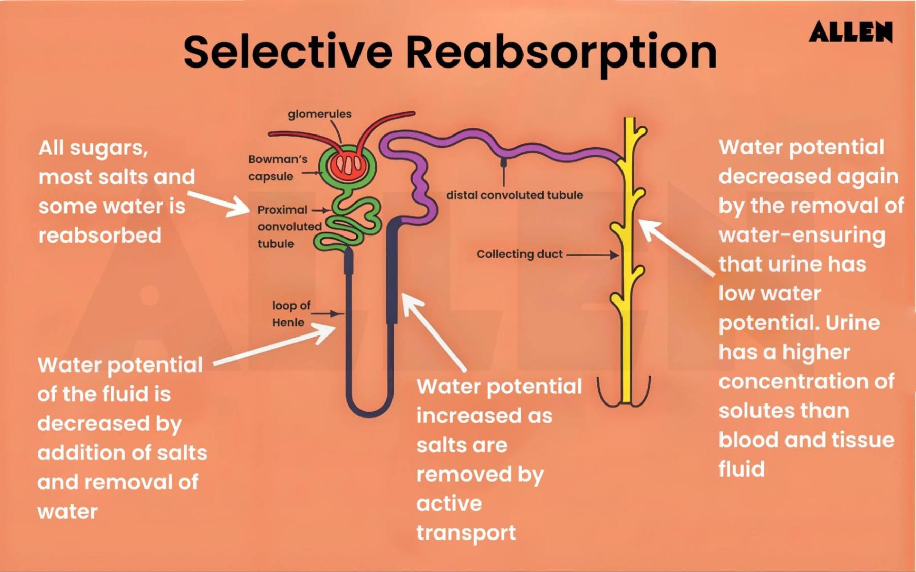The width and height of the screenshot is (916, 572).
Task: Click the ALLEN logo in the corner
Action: (850, 32)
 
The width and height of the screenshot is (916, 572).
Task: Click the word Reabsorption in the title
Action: (562, 52)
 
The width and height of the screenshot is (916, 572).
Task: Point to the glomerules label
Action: (319, 114)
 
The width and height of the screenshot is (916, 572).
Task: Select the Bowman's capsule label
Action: (277, 167)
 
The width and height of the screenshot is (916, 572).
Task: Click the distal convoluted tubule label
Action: (514, 195)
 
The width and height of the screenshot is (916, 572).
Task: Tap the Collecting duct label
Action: (519, 254)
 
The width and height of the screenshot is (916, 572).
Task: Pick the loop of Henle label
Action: (290, 314)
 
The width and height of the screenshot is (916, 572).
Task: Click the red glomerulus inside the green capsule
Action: (347, 164)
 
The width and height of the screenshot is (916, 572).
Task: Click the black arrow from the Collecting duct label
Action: (592, 255)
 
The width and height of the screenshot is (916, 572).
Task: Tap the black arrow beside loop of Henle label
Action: (327, 313)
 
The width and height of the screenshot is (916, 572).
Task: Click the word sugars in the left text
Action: (108, 148)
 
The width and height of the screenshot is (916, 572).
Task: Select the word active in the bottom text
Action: (449, 503)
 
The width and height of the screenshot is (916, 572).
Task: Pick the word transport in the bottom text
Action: (466, 533)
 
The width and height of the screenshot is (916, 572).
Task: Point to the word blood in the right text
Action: (747, 440)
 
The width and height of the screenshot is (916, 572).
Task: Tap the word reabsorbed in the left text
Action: (100, 235)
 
